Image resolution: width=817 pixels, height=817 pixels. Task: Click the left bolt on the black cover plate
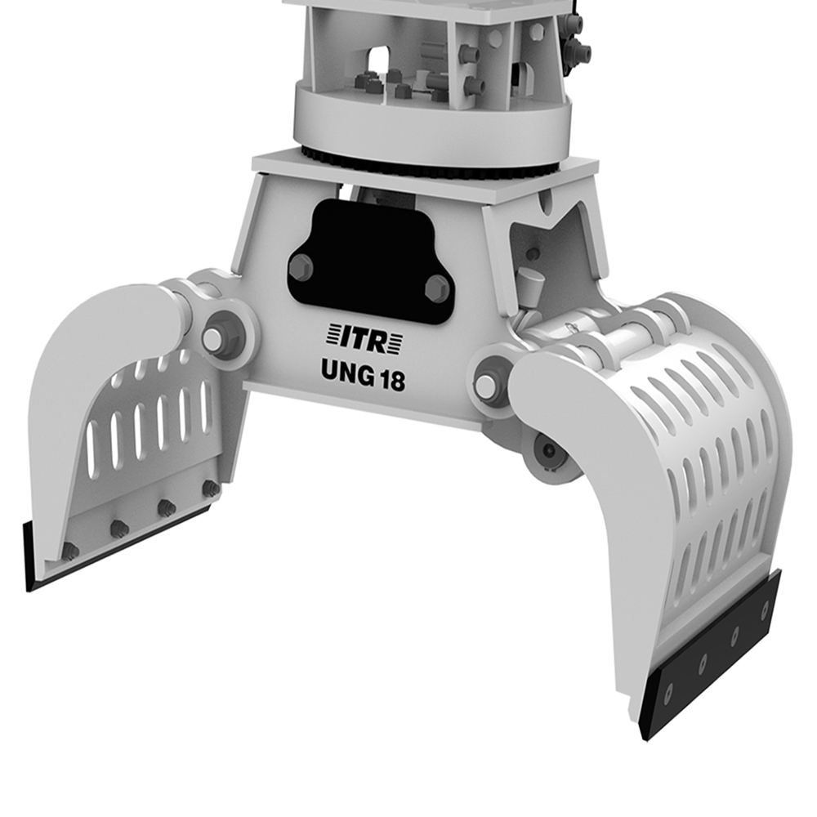coord(301,267)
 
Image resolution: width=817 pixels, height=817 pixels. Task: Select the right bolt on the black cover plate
coord(437,288)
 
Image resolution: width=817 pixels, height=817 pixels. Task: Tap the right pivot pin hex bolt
coord(486,384)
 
